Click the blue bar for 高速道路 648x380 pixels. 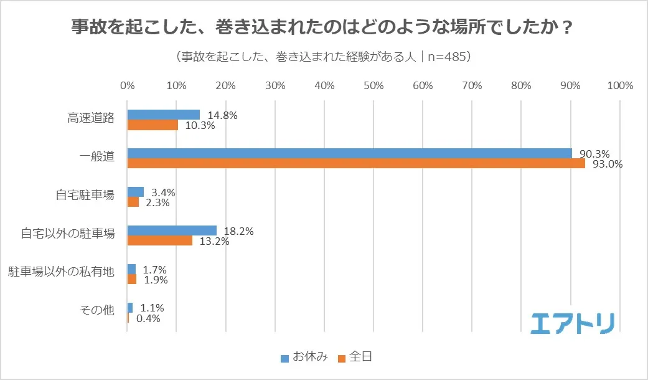163,115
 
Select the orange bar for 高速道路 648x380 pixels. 153,125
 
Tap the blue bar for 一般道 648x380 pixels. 349,153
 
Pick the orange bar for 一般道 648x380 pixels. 356,164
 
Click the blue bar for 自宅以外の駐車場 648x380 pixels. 172,230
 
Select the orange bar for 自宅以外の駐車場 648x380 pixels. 159,241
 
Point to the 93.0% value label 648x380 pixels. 608,164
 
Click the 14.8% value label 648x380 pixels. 222,115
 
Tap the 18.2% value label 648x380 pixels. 238,231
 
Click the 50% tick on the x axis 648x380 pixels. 373,85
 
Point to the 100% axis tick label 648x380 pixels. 619,85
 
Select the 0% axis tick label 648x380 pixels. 128,85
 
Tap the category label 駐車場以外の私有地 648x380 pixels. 61,272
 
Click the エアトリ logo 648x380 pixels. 573,322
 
